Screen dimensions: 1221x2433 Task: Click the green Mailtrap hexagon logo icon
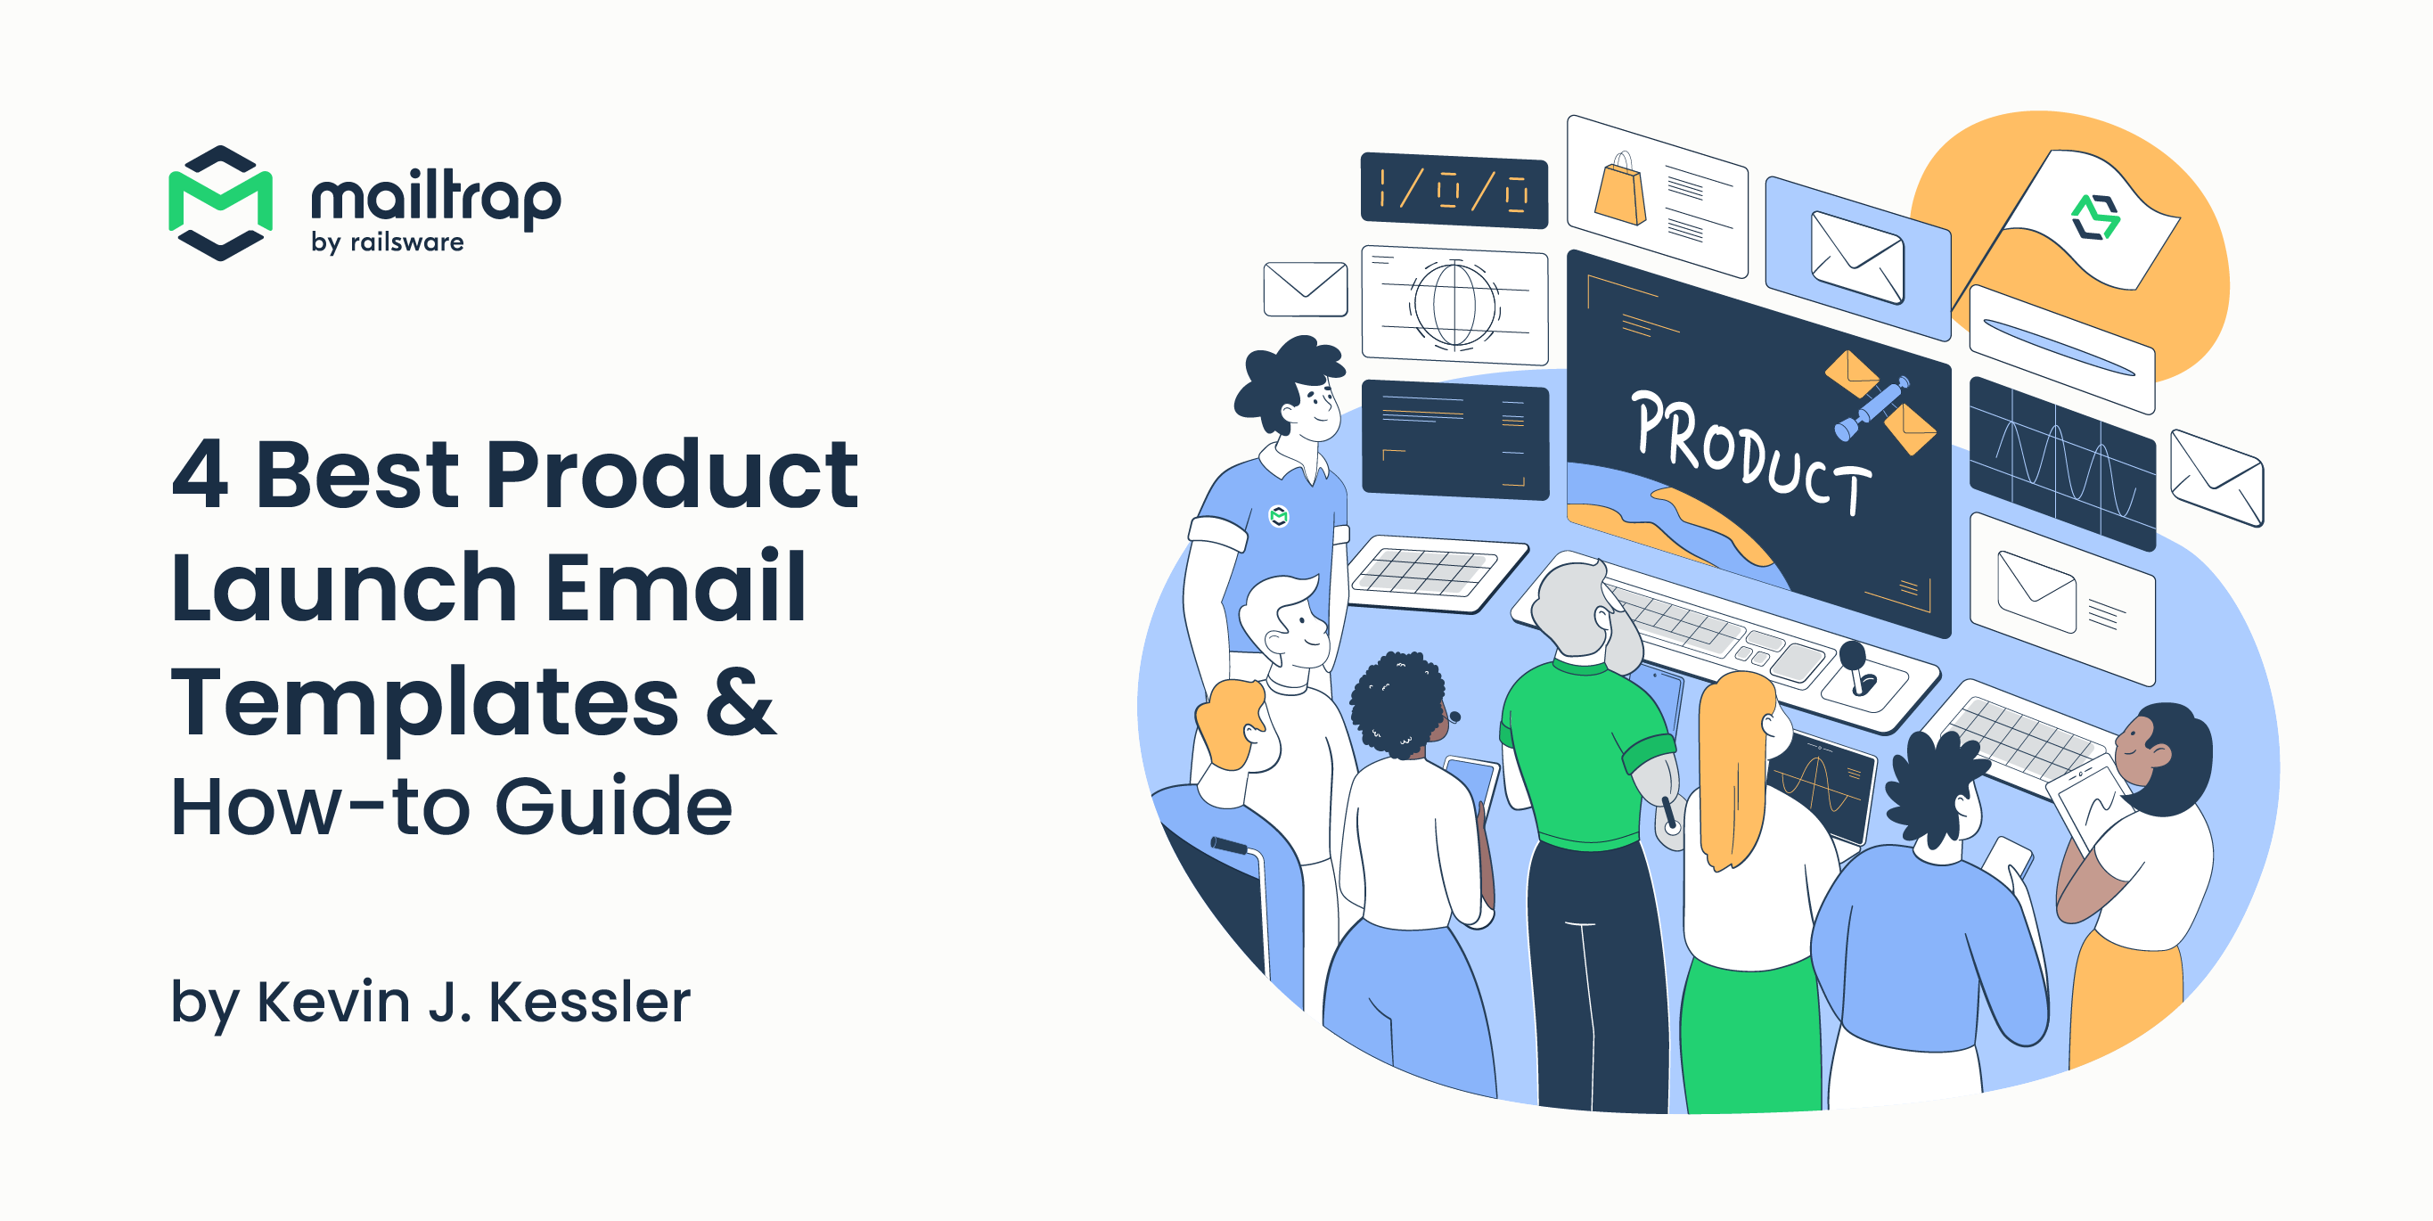pyautogui.click(x=220, y=202)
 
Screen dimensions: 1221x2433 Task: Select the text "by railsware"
pyautogui.click(x=388, y=242)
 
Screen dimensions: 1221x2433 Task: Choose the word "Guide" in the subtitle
pyautogui.click(x=613, y=807)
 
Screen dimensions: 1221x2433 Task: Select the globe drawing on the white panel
pyautogui.click(x=1454, y=304)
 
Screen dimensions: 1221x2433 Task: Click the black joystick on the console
pyautogui.click(x=1855, y=667)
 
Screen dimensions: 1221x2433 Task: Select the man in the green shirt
pyautogui.click(x=1586, y=756)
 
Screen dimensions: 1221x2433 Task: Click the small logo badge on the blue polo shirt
pyautogui.click(x=1279, y=516)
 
